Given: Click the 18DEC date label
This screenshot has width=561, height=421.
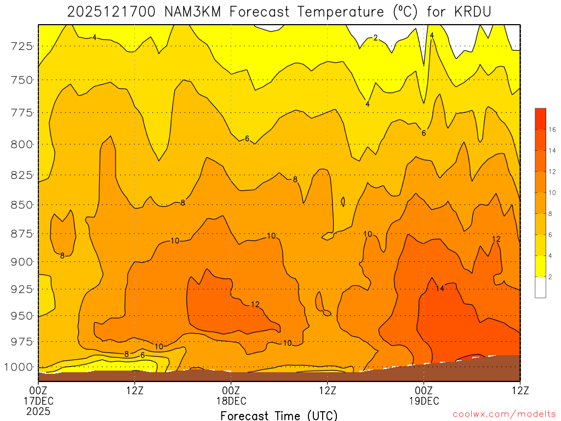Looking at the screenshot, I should [231, 401].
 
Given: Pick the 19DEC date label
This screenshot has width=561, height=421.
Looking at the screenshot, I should [423, 401].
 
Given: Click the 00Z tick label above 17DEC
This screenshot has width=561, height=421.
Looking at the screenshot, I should [38, 390].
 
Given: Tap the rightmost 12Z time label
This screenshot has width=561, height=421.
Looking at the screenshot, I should [519, 390].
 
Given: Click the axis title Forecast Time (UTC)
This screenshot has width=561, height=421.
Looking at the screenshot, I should [279, 415].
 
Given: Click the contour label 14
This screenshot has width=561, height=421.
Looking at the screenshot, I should [440, 288].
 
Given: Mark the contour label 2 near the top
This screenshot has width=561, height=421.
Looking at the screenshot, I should [375, 38].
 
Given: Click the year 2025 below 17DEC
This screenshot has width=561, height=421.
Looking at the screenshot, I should [38, 411].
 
